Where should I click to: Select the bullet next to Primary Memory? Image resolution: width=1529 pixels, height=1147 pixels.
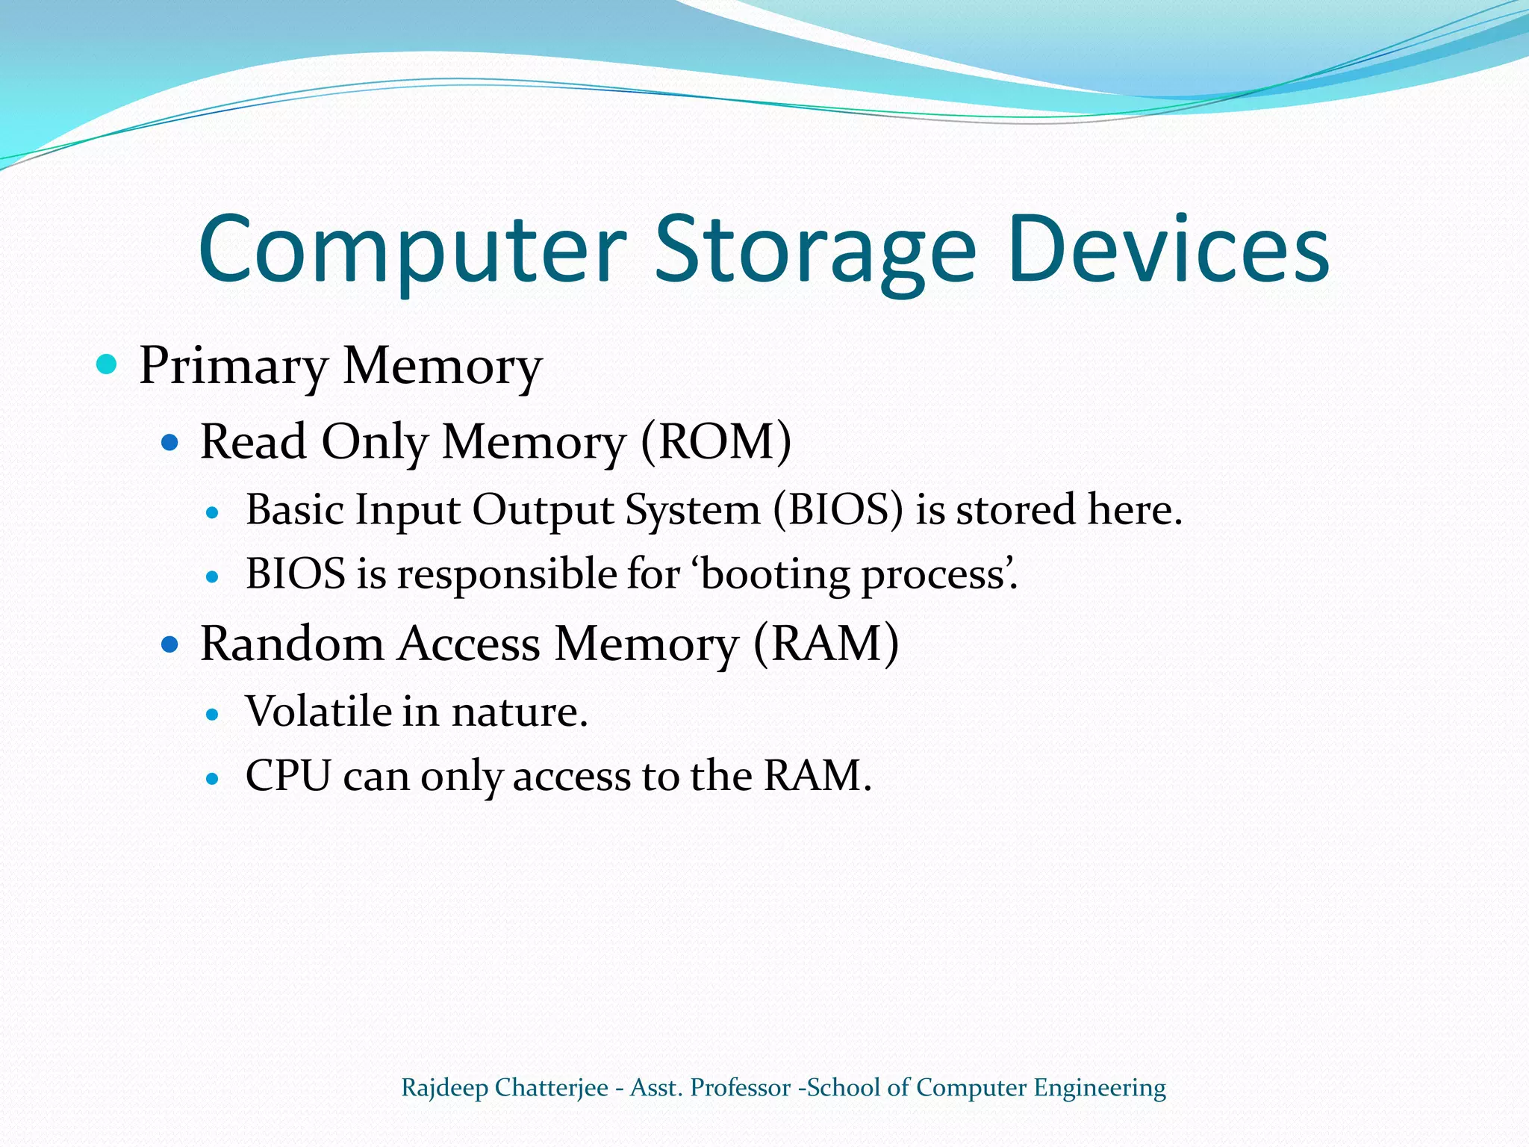(108, 364)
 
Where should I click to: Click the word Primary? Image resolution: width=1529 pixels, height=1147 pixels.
(233, 366)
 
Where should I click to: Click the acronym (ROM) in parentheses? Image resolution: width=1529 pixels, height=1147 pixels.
(716, 441)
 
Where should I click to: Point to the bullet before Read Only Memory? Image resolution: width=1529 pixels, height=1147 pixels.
(170, 443)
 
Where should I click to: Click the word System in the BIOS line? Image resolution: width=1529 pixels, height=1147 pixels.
(692, 511)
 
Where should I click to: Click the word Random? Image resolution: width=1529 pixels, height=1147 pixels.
(292, 643)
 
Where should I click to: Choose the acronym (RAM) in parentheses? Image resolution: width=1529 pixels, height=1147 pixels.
(826, 643)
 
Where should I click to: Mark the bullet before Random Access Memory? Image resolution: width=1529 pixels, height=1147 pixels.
(170, 644)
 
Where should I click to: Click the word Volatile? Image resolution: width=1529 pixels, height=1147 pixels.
(318, 711)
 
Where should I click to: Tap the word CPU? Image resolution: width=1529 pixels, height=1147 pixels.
(288, 776)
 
